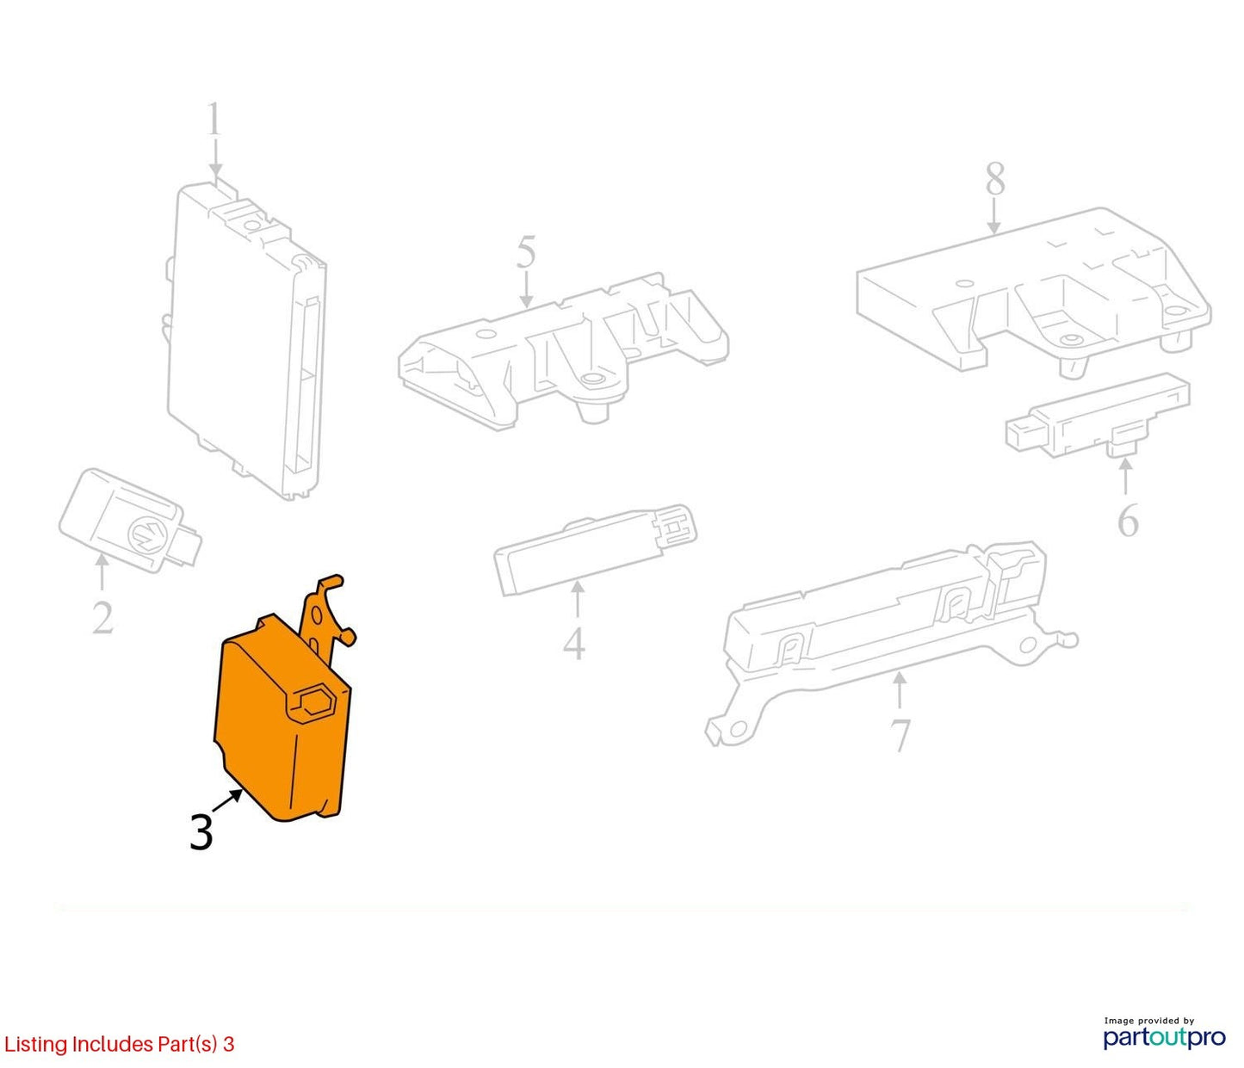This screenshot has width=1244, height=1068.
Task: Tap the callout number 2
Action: coord(102,618)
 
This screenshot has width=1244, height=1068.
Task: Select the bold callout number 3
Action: coord(201,833)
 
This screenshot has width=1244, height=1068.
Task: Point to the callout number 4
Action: coord(574,643)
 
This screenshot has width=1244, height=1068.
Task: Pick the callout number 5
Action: coord(525,252)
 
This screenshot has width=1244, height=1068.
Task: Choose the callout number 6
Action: coord(1128,520)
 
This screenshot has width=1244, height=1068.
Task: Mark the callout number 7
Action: coord(900,735)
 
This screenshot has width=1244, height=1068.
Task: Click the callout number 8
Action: coord(995,178)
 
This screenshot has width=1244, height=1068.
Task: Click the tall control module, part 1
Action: coord(247,340)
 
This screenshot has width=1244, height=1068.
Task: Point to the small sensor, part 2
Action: coord(129,521)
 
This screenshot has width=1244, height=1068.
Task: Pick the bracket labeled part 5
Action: coord(563,355)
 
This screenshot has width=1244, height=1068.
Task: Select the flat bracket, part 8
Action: coord(1032,289)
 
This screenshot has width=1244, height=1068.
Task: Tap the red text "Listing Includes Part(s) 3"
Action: coord(119,1043)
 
